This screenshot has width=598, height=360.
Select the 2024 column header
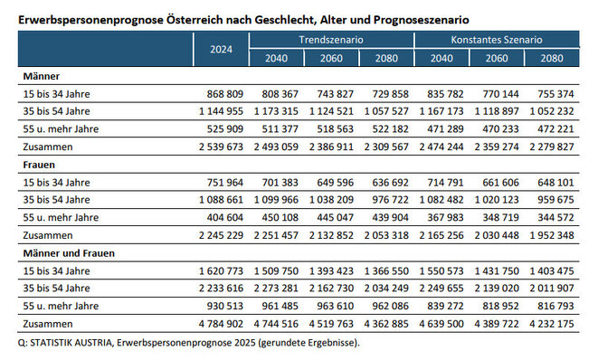point(221,51)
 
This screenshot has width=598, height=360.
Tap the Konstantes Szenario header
point(496,42)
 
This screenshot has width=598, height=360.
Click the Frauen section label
point(37,163)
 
